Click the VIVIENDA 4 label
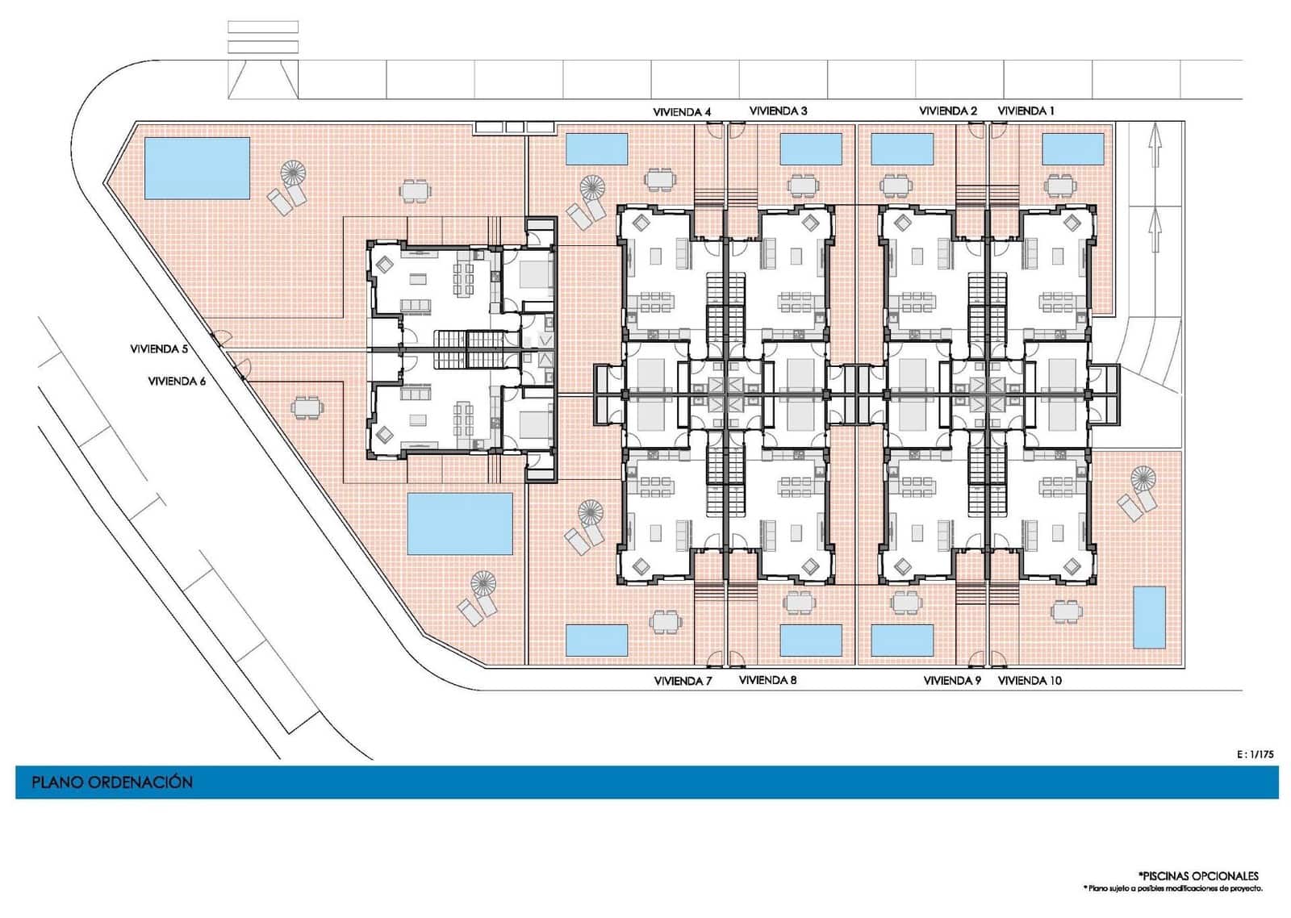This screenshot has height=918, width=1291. tap(682, 112)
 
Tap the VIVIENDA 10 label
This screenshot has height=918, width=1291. tap(1030, 681)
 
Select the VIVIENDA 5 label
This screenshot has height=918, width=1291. tap(159, 349)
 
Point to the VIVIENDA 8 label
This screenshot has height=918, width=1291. tap(767, 680)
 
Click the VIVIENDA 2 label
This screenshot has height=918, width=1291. tap(948, 111)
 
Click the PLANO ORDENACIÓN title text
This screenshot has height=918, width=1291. tap(112, 782)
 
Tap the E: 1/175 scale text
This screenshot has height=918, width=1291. tap(1255, 754)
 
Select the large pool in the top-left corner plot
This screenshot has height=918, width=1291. tap(197, 168)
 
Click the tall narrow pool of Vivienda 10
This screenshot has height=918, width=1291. tap(1149, 618)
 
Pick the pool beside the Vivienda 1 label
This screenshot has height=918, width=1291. tap(1073, 149)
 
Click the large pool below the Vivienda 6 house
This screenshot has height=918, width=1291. tap(460, 524)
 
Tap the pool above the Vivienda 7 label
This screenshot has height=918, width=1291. tap(596, 641)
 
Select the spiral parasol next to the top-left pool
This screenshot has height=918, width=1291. tap(294, 172)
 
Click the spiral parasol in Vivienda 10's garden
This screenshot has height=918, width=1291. tap(1143, 479)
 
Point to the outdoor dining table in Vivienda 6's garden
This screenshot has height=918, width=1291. tap(307, 407)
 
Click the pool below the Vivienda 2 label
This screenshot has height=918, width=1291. tap(902, 149)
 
